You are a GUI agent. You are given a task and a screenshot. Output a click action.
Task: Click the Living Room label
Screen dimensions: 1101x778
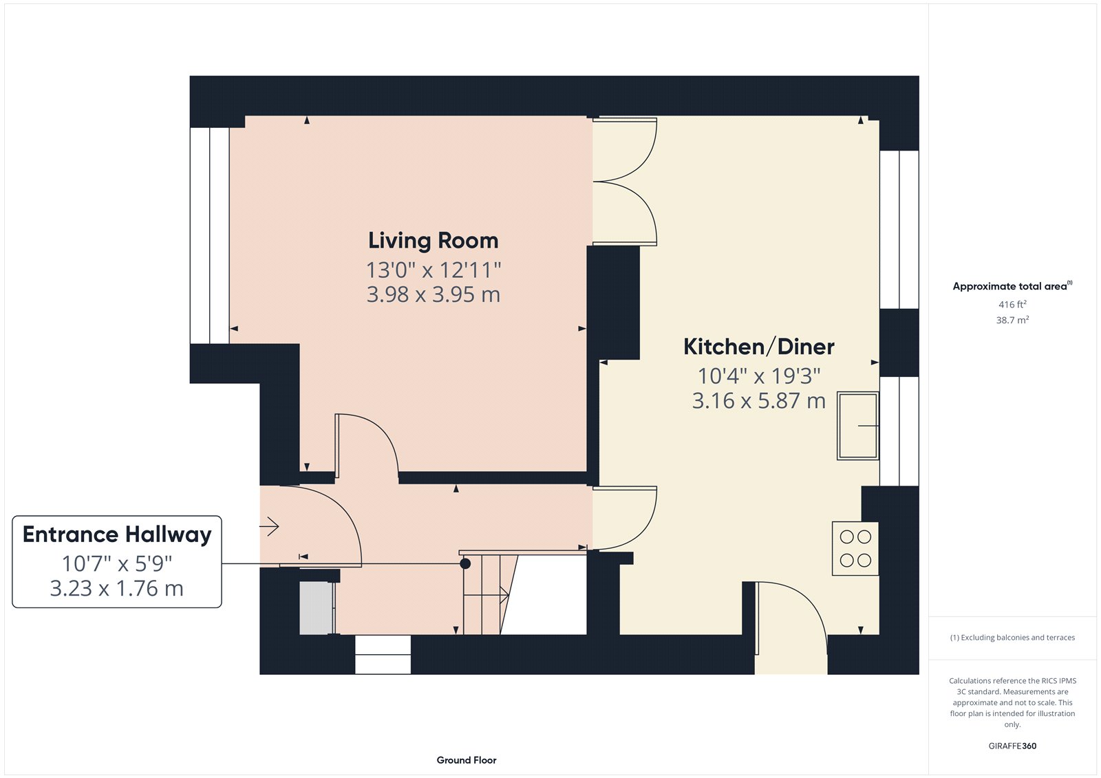coord(433,241)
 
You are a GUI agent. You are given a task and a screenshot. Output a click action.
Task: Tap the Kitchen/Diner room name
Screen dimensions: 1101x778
coord(758,347)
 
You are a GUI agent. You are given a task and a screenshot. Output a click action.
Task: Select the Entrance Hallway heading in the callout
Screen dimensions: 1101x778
coord(117,534)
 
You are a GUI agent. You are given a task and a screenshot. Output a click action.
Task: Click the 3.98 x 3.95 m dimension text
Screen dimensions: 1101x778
coord(433,294)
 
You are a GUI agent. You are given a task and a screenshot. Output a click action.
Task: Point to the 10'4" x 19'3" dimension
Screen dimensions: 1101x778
coord(759,376)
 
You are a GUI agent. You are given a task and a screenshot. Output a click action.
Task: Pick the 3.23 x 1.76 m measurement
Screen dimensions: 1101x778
coord(117,588)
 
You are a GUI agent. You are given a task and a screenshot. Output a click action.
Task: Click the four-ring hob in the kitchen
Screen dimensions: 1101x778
coord(855,548)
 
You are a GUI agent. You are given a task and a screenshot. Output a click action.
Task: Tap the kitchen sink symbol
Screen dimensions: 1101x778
coord(858,426)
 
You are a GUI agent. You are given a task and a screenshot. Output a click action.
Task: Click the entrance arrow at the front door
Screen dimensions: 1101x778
coord(269,526)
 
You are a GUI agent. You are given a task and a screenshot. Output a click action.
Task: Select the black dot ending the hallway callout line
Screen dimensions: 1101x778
coord(465,563)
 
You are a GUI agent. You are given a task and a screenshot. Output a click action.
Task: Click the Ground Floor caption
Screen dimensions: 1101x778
coord(467,760)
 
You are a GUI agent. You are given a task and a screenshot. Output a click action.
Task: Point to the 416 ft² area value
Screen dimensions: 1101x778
coord(1012,304)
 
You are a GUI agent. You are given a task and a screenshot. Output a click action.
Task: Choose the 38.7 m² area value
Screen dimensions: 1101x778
coord(1012,320)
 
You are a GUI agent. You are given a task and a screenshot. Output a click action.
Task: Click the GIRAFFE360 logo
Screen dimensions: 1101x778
coord(1012,746)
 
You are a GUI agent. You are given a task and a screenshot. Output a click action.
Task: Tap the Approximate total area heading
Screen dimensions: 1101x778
coord(1012,286)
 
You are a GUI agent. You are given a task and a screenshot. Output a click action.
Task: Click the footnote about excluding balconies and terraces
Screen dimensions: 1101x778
coord(1012,638)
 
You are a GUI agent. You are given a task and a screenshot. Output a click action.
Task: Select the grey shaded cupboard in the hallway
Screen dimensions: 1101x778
coord(316,608)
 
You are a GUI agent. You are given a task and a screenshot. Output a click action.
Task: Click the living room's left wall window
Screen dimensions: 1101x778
coord(210,235)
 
